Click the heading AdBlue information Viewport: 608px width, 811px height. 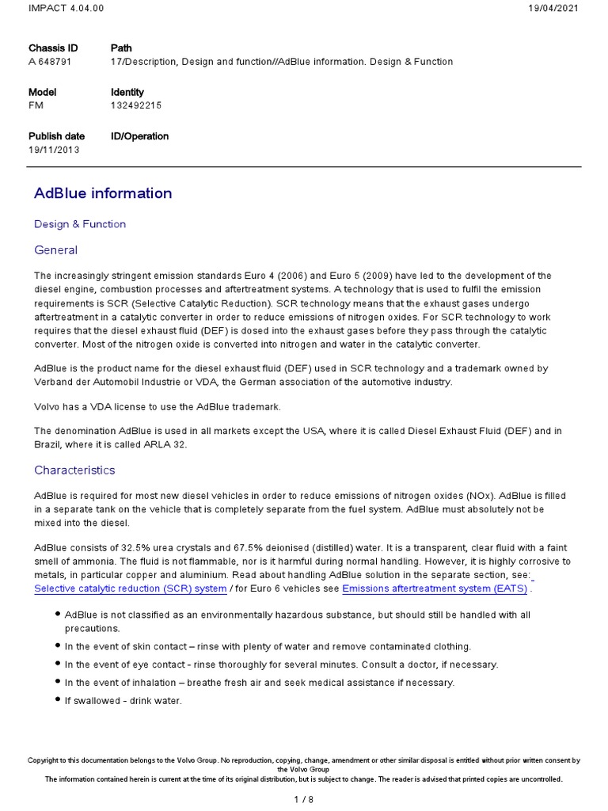pos(103,193)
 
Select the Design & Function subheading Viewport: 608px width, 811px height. pos(80,224)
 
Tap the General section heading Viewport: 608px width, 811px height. pos(55,250)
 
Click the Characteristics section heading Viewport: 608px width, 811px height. pos(74,470)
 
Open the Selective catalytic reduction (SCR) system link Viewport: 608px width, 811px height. pos(131,588)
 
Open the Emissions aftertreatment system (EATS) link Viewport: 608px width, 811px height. pos(435,588)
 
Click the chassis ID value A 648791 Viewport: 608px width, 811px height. pos(50,62)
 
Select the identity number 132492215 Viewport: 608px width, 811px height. pos(136,105)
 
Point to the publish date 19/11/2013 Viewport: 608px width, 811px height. pos(54,150)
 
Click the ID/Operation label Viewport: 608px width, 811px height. pos(139,136)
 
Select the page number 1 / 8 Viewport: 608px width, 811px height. pos(303,799)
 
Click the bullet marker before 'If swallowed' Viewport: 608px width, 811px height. pos(58,699)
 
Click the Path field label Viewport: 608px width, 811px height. pos(121,48)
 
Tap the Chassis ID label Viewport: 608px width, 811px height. pos(53,48)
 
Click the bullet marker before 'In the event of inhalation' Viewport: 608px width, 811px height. pos(58,682)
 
